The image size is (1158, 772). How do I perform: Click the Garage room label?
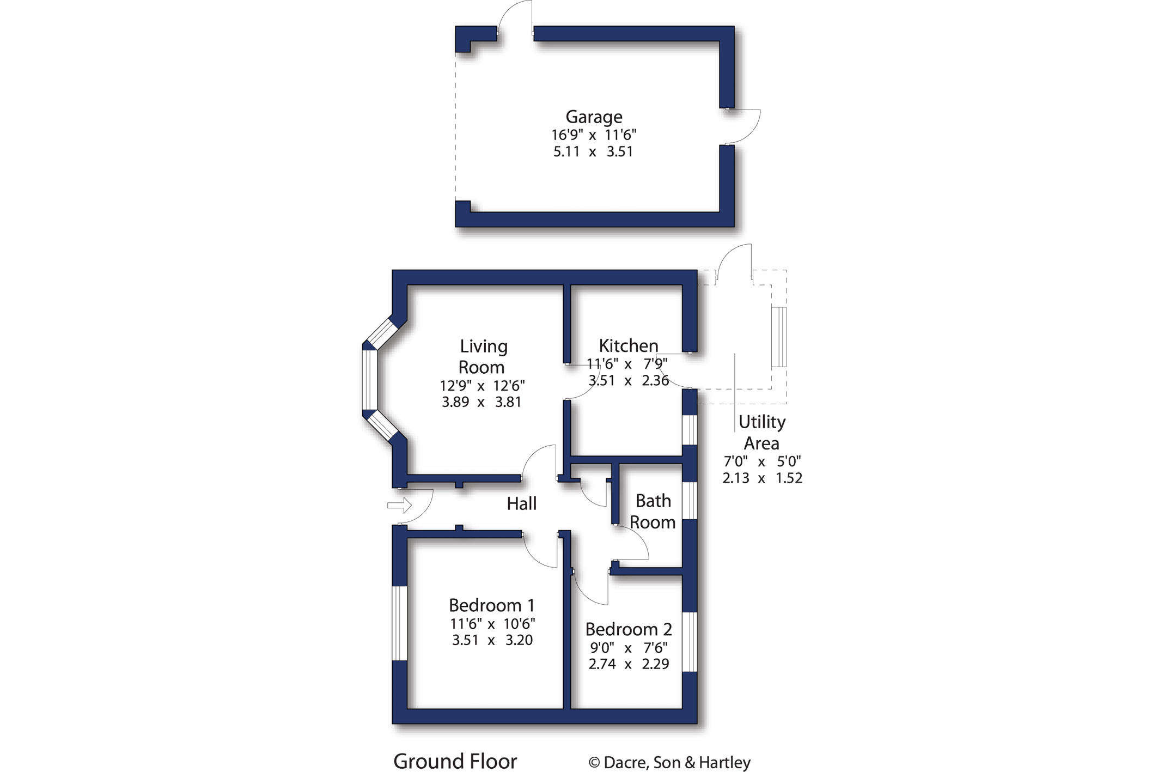pos(594,117)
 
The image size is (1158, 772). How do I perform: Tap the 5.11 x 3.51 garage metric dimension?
pos(593,151)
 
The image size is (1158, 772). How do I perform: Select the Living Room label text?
pos(483,356)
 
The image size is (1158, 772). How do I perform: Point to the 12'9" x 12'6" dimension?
pos(482,386)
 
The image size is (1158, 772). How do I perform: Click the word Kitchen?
pos(629,345)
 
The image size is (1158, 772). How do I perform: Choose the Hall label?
pos(521,503)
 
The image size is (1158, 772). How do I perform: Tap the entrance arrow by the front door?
pos(399,506)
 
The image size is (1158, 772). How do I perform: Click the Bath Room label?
pos(653,512)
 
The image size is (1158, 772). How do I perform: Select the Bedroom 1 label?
pos(491,605)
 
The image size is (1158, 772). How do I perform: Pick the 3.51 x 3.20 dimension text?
pos(492,640)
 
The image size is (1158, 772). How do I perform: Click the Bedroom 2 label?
pos(629,629)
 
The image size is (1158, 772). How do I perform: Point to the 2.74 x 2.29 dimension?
pos(629,664)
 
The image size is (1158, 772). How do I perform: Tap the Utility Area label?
pos(761,433)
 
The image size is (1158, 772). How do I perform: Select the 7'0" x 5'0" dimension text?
pos(761,461)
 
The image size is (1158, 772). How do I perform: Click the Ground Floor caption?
pos(455,761)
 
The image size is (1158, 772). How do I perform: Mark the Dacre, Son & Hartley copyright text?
pos(669,762)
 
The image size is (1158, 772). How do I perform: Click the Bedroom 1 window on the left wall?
pos(399,623)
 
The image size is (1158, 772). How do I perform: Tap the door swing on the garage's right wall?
pos(743,126)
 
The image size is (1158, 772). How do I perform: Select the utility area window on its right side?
pos(779,337)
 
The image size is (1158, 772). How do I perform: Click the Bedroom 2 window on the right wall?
pos(690,642)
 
